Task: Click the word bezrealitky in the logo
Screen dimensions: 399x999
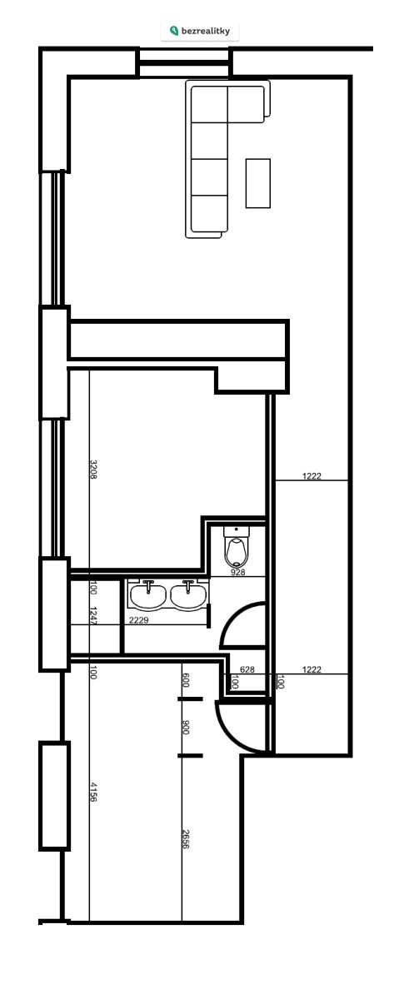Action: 206,31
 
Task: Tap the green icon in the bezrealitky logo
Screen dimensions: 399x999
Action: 174,31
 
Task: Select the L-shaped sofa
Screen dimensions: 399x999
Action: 227,159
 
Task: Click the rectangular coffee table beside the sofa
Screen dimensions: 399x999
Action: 258,183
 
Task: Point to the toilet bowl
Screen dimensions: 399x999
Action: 237,552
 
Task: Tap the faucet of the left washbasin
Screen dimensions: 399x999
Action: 148,585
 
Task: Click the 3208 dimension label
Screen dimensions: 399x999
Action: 94,470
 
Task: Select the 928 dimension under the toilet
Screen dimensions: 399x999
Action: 238,572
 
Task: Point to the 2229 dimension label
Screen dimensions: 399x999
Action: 139,620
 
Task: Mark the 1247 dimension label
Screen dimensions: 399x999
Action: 94,615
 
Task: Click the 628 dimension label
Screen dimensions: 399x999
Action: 247,669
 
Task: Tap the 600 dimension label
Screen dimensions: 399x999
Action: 186,680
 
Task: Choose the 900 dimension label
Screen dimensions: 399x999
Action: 186,727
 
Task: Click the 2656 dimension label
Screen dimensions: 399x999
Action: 186,839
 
